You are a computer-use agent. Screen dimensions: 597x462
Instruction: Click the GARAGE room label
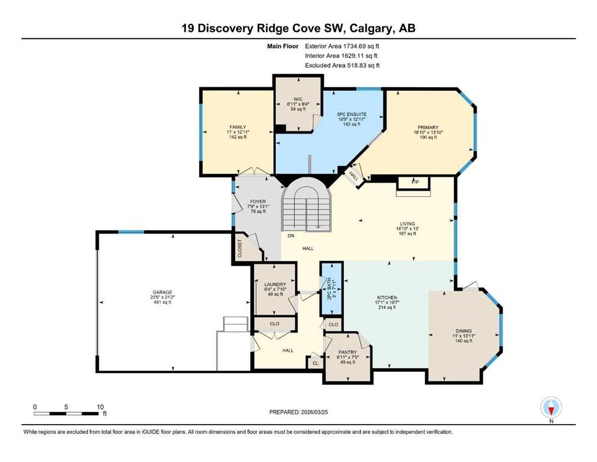click(162, 292)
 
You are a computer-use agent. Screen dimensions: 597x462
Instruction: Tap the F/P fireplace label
click(415, 182)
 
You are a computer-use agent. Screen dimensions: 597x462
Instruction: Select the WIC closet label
click(298, 99)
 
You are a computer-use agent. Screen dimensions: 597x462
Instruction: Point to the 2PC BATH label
click(329, 289)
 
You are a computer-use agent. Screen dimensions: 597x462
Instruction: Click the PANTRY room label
click(347, 353)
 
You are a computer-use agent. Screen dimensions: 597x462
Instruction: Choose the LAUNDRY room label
click(275, 284)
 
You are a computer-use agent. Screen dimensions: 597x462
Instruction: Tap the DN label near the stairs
click(291, 236)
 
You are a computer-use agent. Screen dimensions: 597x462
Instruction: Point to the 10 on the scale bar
click(100, 407)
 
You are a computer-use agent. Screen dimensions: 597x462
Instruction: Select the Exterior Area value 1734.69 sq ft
click(361, 46)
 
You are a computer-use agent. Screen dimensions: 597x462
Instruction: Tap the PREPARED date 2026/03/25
click(314, 412)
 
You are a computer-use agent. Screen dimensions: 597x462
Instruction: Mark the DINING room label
click(464, 331)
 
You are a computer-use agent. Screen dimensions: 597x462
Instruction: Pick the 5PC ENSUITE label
click(352, 114)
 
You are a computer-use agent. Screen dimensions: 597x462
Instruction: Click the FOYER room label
click(258, 202)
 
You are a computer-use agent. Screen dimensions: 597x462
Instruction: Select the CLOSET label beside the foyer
click(240, 248)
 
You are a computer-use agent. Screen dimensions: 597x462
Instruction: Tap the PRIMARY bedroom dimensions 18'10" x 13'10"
click(428, 132)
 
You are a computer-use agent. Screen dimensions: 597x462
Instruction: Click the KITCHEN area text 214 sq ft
click(387, 307)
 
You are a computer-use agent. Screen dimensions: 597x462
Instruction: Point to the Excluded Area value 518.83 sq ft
click(363, 65)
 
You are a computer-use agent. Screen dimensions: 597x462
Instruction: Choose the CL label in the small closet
click(315, 363)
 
